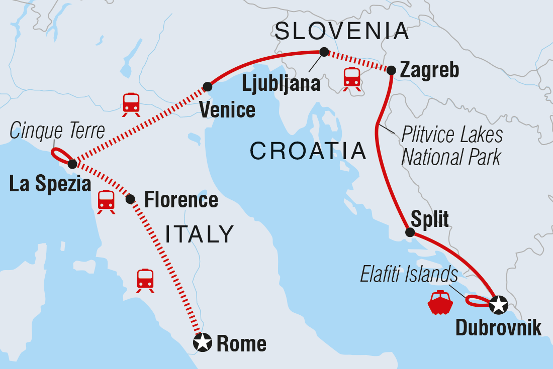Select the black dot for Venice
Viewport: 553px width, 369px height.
(x=207, y=87)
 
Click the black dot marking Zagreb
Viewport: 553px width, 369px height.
(x=391, y=71)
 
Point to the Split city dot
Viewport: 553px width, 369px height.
(x=410, y=232)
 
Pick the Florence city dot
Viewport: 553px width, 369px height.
(x=130, y=199)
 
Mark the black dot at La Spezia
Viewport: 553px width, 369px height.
(x=72, y=164)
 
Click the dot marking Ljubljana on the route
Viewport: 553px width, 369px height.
(x=324, y=51)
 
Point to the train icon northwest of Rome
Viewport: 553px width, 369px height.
(x=145, y=281)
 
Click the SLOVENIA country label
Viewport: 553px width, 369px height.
(x=342, y=31)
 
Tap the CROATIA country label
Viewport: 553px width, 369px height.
(x=308, y=151)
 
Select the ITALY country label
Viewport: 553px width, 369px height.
(x=200, y=233)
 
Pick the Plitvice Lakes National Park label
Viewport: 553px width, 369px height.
(x=452, y=146)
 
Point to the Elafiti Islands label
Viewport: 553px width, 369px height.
(x=409, y=275)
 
